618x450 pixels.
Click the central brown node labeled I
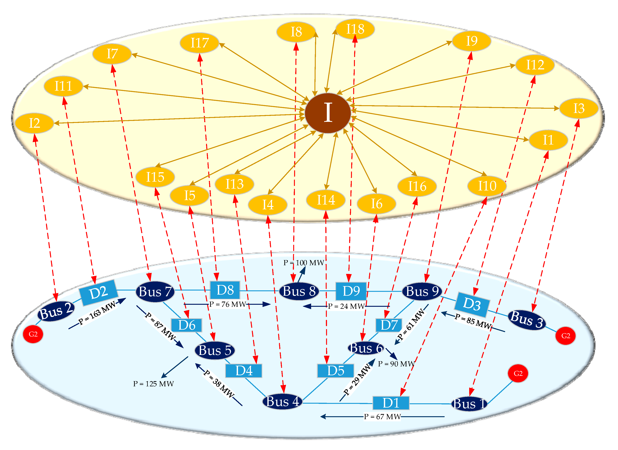[328, 113]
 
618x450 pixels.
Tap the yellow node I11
[63, 86]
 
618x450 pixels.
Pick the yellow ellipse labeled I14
[326, 200]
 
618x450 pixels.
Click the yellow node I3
[578, 108]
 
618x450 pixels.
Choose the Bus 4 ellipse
[283, 401]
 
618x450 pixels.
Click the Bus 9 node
[422, 291]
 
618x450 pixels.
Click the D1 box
[391, 403]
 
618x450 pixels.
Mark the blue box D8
[225, 290]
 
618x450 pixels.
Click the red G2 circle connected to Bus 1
[518, 373]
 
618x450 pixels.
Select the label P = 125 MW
[153, 384]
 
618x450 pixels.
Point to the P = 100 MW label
[304, 263]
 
